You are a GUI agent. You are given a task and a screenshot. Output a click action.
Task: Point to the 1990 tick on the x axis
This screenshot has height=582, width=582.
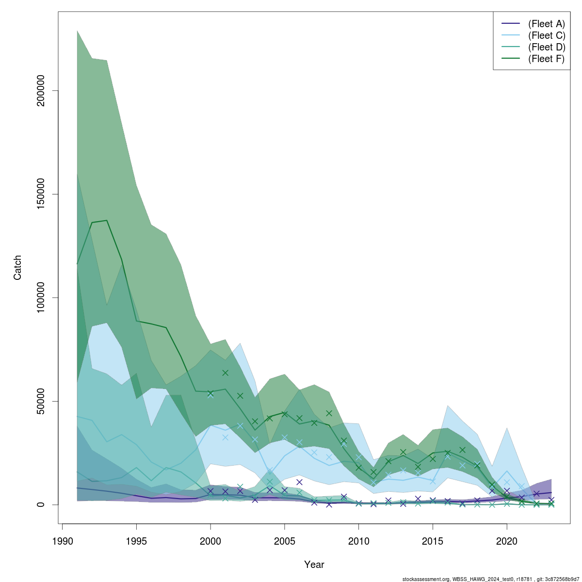63,541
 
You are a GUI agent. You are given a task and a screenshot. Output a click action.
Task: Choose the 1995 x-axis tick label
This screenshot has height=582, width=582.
137,541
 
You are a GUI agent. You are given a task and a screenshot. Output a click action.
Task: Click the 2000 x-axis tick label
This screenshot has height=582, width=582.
210,541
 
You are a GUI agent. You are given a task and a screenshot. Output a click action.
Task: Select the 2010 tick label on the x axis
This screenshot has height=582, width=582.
358,541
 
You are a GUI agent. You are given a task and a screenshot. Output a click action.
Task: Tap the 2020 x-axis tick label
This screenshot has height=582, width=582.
507,541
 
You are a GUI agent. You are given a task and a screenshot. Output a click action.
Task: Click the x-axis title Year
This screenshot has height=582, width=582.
314,565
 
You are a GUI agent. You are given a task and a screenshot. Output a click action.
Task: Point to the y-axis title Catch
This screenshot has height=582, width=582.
18,268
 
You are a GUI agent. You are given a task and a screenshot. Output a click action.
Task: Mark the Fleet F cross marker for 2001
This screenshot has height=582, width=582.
226,373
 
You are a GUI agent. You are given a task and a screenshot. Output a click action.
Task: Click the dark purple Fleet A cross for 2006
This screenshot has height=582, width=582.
299,482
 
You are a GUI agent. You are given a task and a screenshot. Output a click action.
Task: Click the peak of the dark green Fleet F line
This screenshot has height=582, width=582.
107,220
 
